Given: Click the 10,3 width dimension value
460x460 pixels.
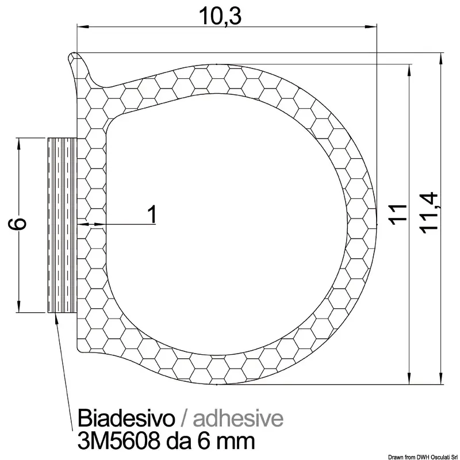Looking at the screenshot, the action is (220, 16).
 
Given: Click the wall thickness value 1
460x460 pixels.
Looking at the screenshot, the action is (152, 214).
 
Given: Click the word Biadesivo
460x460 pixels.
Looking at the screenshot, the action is (126, 418).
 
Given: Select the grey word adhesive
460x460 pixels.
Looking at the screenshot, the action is (238, 418).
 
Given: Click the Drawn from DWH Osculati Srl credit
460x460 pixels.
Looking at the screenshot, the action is (423, 457).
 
